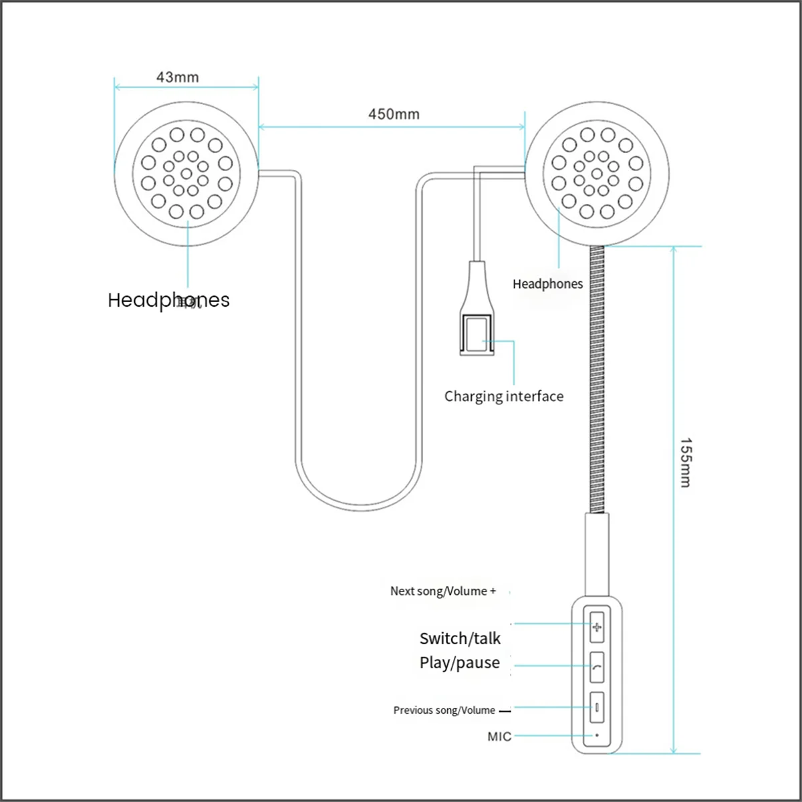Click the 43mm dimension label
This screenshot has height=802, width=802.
click(177, 78)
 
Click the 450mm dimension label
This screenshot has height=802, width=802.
click(394, 114)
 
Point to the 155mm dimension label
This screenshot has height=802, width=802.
click(686, 462)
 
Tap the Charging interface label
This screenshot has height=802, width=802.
click(504, 396)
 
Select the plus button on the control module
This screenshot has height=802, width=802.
click(597, 628)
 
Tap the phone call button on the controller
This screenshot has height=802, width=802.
click(597, 667)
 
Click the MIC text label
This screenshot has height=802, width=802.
click(499, 737)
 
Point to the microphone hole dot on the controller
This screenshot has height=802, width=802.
click(597, 735)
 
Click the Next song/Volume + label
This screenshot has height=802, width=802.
click(443, 591)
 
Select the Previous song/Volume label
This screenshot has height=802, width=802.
click(444, 710)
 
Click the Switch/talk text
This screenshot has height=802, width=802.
click(460, 639)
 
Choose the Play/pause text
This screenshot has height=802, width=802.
click(460, 663)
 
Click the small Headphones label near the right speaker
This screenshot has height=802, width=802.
click(547, 284)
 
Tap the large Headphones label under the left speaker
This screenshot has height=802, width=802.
click(168, 300)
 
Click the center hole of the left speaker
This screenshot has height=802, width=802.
click(186, 174)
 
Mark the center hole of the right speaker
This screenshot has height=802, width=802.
click(597, 174)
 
